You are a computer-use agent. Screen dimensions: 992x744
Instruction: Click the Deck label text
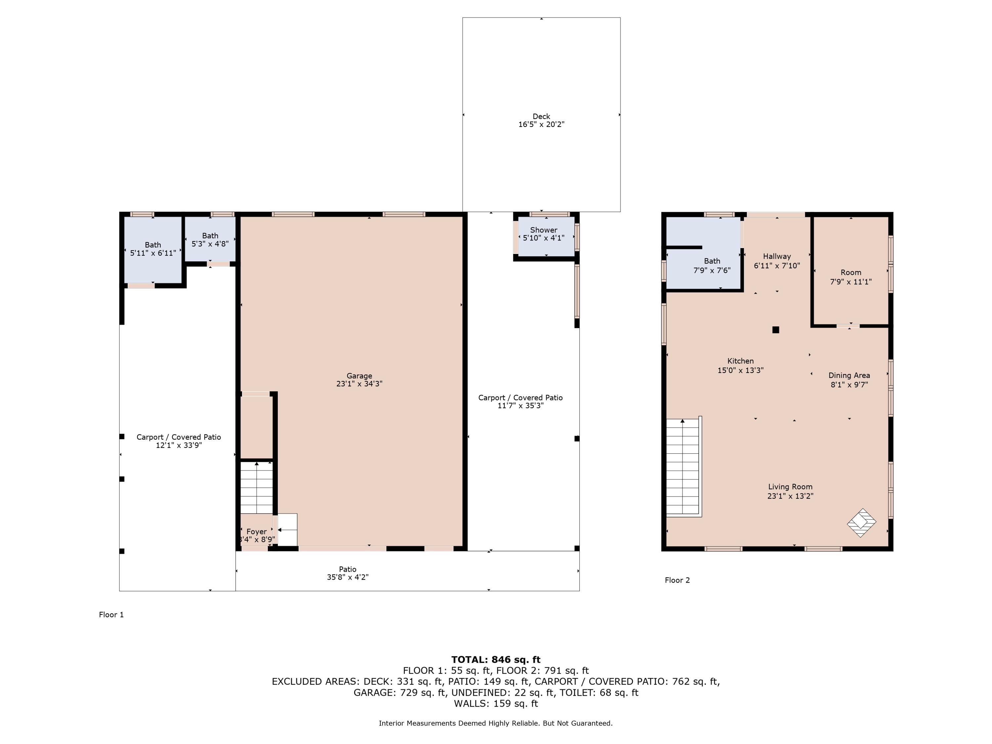pos(541,116)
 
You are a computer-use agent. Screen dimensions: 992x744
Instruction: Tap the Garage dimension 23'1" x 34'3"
pos(359,384)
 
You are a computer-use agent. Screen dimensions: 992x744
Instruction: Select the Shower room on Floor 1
pos(546,236)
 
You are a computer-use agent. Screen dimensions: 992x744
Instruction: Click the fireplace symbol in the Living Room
pos(861,522)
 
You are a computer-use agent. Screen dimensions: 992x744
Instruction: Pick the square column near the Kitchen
pos(776,330)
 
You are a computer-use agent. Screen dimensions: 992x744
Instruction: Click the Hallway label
pos(777,256)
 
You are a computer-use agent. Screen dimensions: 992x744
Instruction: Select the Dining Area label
pos(849,375)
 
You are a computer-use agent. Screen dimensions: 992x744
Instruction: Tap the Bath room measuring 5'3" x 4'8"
pos(210,239)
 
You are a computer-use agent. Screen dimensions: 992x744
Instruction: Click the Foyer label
pos(257,531)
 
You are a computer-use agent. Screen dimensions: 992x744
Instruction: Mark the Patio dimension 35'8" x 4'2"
pos(348,577)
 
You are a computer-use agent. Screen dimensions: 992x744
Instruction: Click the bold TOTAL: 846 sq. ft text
pos(496,659)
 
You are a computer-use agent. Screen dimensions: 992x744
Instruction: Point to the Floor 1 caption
pos(111,614)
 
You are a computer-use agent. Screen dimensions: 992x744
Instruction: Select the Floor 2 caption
pos(677,580)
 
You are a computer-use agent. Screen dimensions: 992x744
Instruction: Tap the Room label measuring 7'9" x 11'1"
pos(851,272)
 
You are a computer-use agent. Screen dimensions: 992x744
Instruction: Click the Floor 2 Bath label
pos(712,261)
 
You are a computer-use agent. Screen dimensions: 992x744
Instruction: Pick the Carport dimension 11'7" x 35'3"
pos(520,406)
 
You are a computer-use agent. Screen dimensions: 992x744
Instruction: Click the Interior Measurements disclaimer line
pos(496,723)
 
